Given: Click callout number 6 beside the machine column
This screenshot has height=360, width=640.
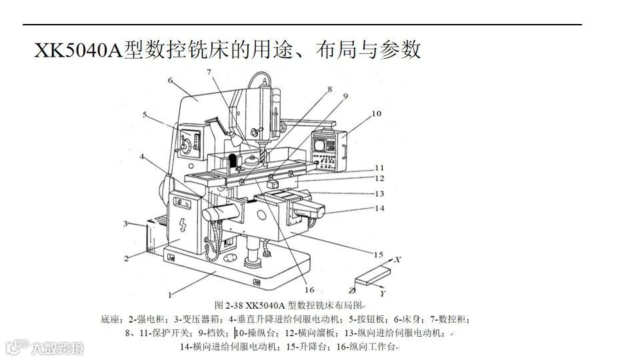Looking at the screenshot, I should [x=171, y=81].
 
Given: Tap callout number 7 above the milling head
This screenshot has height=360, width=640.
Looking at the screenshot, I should [x=209, y=71].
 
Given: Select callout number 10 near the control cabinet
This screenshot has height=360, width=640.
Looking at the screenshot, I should [x=377, y=114].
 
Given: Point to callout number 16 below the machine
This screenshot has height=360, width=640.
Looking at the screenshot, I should [x=309, y=289].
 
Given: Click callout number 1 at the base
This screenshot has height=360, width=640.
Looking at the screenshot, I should [x=170, y=293].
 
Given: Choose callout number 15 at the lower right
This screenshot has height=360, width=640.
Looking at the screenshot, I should [x=378, y=255].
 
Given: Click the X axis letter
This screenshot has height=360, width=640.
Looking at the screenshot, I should [x=398, y=258].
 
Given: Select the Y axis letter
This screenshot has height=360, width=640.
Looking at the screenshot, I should [x=382, y=293].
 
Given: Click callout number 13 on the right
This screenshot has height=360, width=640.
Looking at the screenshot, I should [x=379, y=194].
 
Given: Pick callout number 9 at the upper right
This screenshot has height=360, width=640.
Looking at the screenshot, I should [x=345, y=96].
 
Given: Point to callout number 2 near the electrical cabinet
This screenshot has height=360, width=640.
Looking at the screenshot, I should [x=125, y=258].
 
